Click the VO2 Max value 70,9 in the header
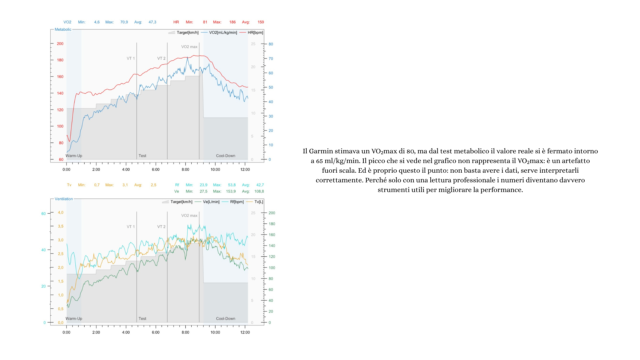click(x=124, y=22)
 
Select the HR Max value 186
click(x=232, y=22)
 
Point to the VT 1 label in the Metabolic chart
click(x=131, y=58)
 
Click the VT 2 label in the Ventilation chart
click(x=161, y=227)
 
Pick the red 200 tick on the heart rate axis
click(x=60, y=44)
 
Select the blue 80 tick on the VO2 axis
click(x=271, y=44)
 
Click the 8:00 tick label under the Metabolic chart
click(x=185, y=169)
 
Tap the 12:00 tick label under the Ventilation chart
click(x=245, y=332)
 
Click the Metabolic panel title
click(x=63, y=29)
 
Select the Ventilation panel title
click(x=64, y=199)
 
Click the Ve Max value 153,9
click(x=231, y=191)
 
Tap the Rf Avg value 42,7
click(x=260, y=185)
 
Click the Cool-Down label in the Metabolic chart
click(x=225, y=156)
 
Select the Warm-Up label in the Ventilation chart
click(x=74, y=318)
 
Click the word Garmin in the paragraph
click(x=321, y=151)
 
